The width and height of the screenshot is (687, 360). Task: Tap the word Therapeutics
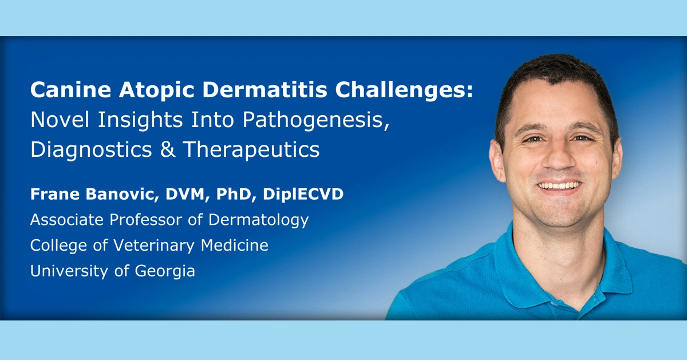251,149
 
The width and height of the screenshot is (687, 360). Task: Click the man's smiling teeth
560,185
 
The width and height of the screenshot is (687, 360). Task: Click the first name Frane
52,195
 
